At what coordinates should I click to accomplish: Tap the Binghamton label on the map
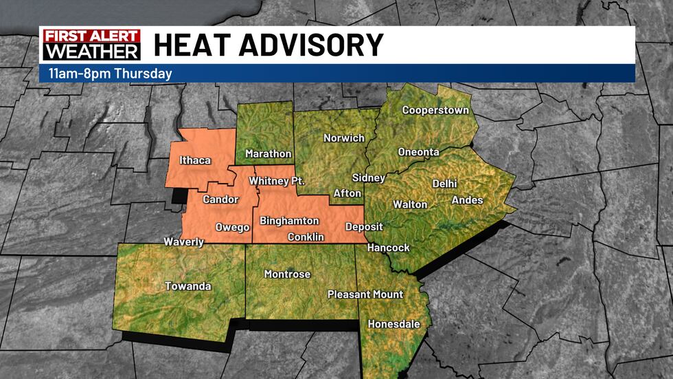pos(289,221)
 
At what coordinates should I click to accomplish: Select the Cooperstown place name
pos(435,110)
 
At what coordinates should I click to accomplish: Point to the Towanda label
pos(187,286)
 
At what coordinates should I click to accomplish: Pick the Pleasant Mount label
pos(365,294)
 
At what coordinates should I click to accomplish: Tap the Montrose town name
pos(287,274)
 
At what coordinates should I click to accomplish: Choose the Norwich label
pos(344,138)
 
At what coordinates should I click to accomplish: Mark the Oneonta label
pos(418,152)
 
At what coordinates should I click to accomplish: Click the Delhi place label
pos(444,184)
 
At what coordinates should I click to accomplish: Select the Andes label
pos(467,200)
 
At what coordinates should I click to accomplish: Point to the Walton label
pos(410,204)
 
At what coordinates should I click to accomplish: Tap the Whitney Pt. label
pos(277,181)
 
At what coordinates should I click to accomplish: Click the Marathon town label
pos(269,154)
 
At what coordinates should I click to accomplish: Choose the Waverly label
pos(183,242)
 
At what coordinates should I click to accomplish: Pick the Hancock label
pos(388,248)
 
